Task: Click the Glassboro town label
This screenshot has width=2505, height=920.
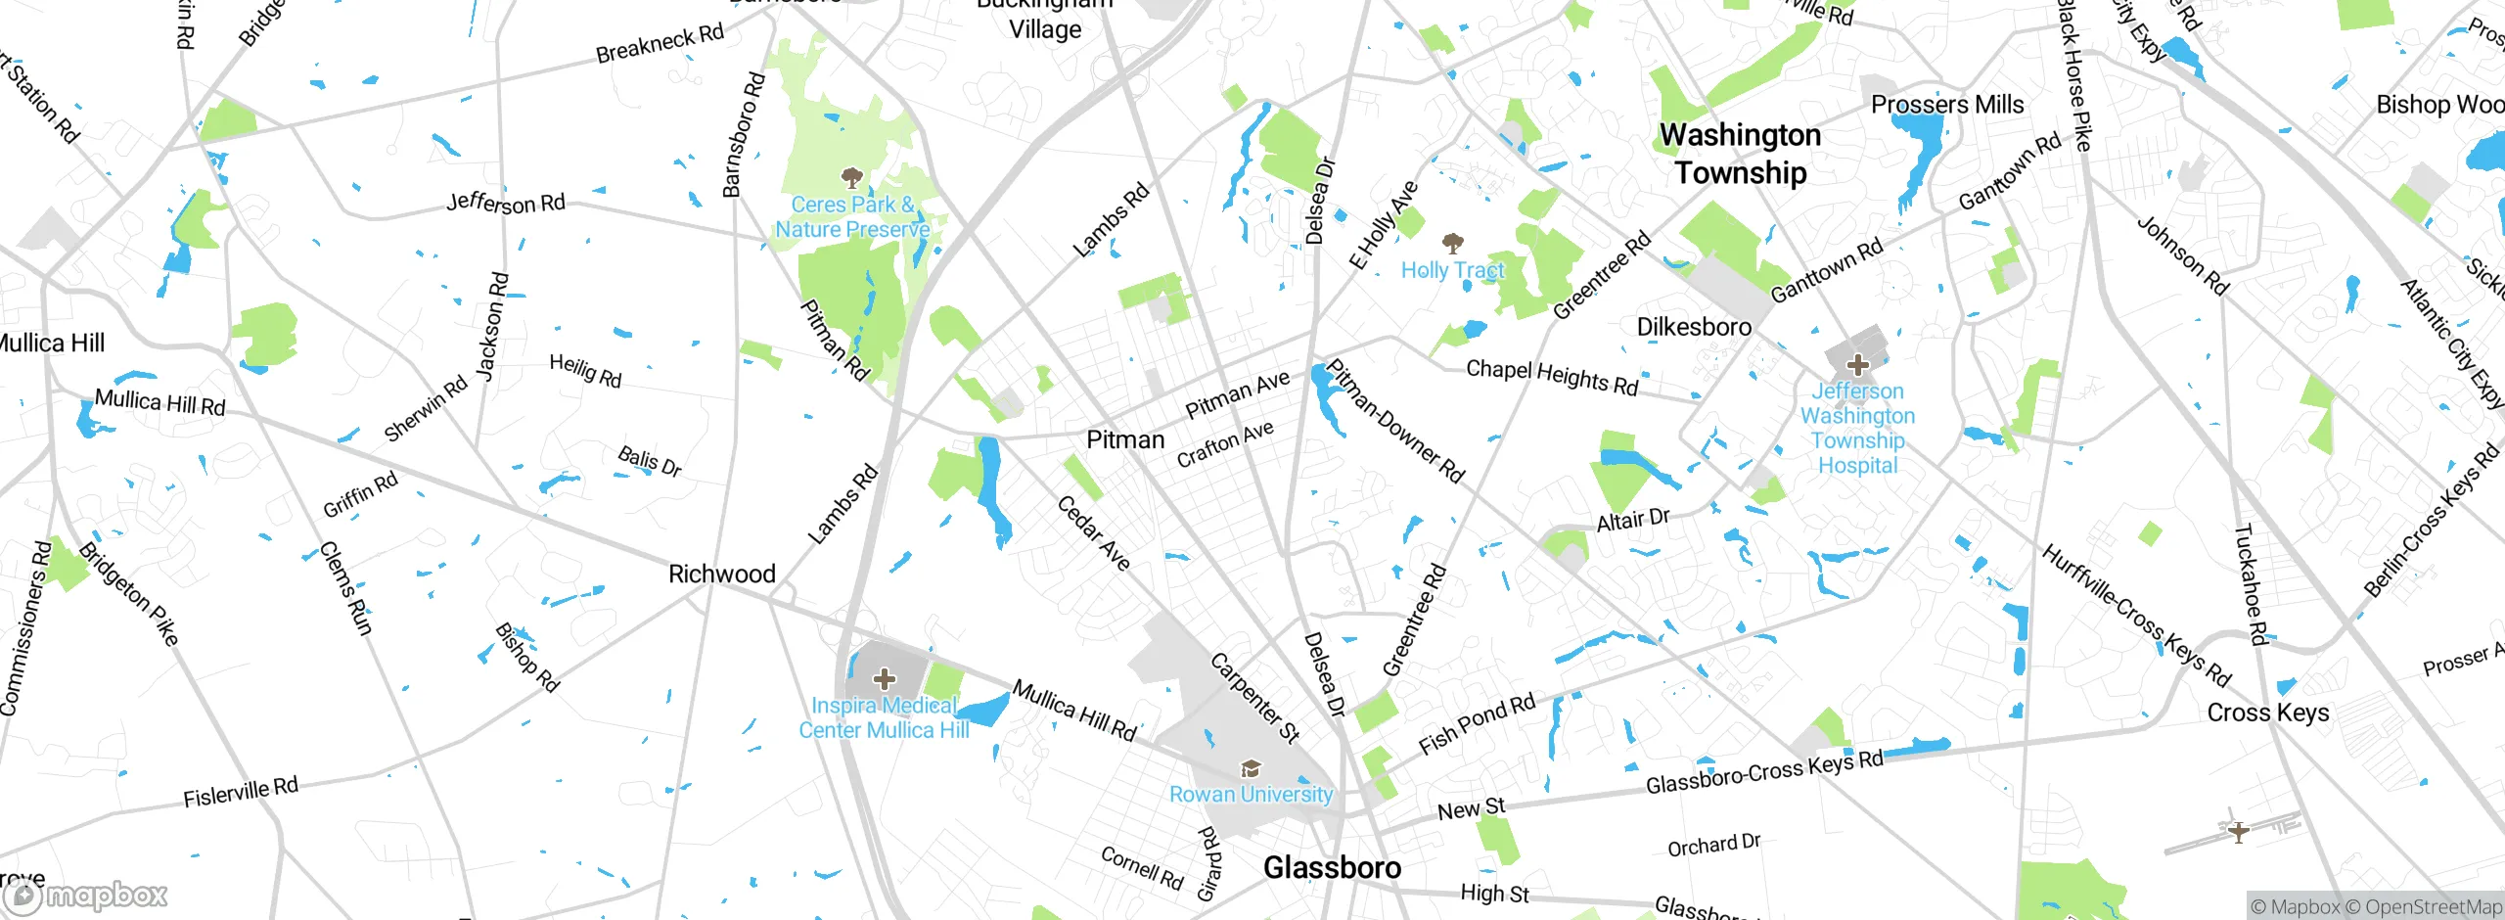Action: [1332, 867]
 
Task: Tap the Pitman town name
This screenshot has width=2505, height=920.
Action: [1125, 439]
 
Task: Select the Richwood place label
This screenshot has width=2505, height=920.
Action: [721, 574]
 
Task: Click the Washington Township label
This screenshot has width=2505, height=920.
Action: [1740, 154]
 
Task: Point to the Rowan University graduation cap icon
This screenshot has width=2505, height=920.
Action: [1251, 769]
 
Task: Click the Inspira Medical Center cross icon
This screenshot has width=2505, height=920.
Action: [884, 678]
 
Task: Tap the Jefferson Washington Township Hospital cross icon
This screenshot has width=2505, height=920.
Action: [1857, 365]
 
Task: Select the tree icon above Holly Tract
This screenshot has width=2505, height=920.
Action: [1453, 242]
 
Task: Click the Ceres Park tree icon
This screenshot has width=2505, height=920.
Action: [852, 177]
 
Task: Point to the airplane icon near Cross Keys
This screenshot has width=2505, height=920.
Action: [2238, 832]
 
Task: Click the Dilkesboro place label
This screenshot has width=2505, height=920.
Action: [1694, 327]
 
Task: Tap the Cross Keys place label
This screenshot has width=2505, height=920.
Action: [2267, 713]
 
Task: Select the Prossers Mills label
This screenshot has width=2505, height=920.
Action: [1946, 105]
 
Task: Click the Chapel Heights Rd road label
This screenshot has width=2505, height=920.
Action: [1551, 377]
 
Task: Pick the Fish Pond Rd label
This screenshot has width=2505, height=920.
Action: [1477, 723]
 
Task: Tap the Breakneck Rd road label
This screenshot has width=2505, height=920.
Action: [660, 43]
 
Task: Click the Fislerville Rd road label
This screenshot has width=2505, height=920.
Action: [241, 791]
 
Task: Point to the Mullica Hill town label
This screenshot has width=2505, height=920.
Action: [49, 344]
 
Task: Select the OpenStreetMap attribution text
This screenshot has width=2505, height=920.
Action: [2433, 907]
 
